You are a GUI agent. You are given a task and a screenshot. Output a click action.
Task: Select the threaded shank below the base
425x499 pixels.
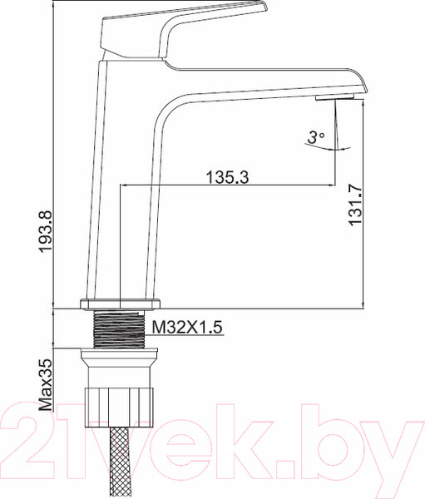pyautogui.click(x=121, y=329)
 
